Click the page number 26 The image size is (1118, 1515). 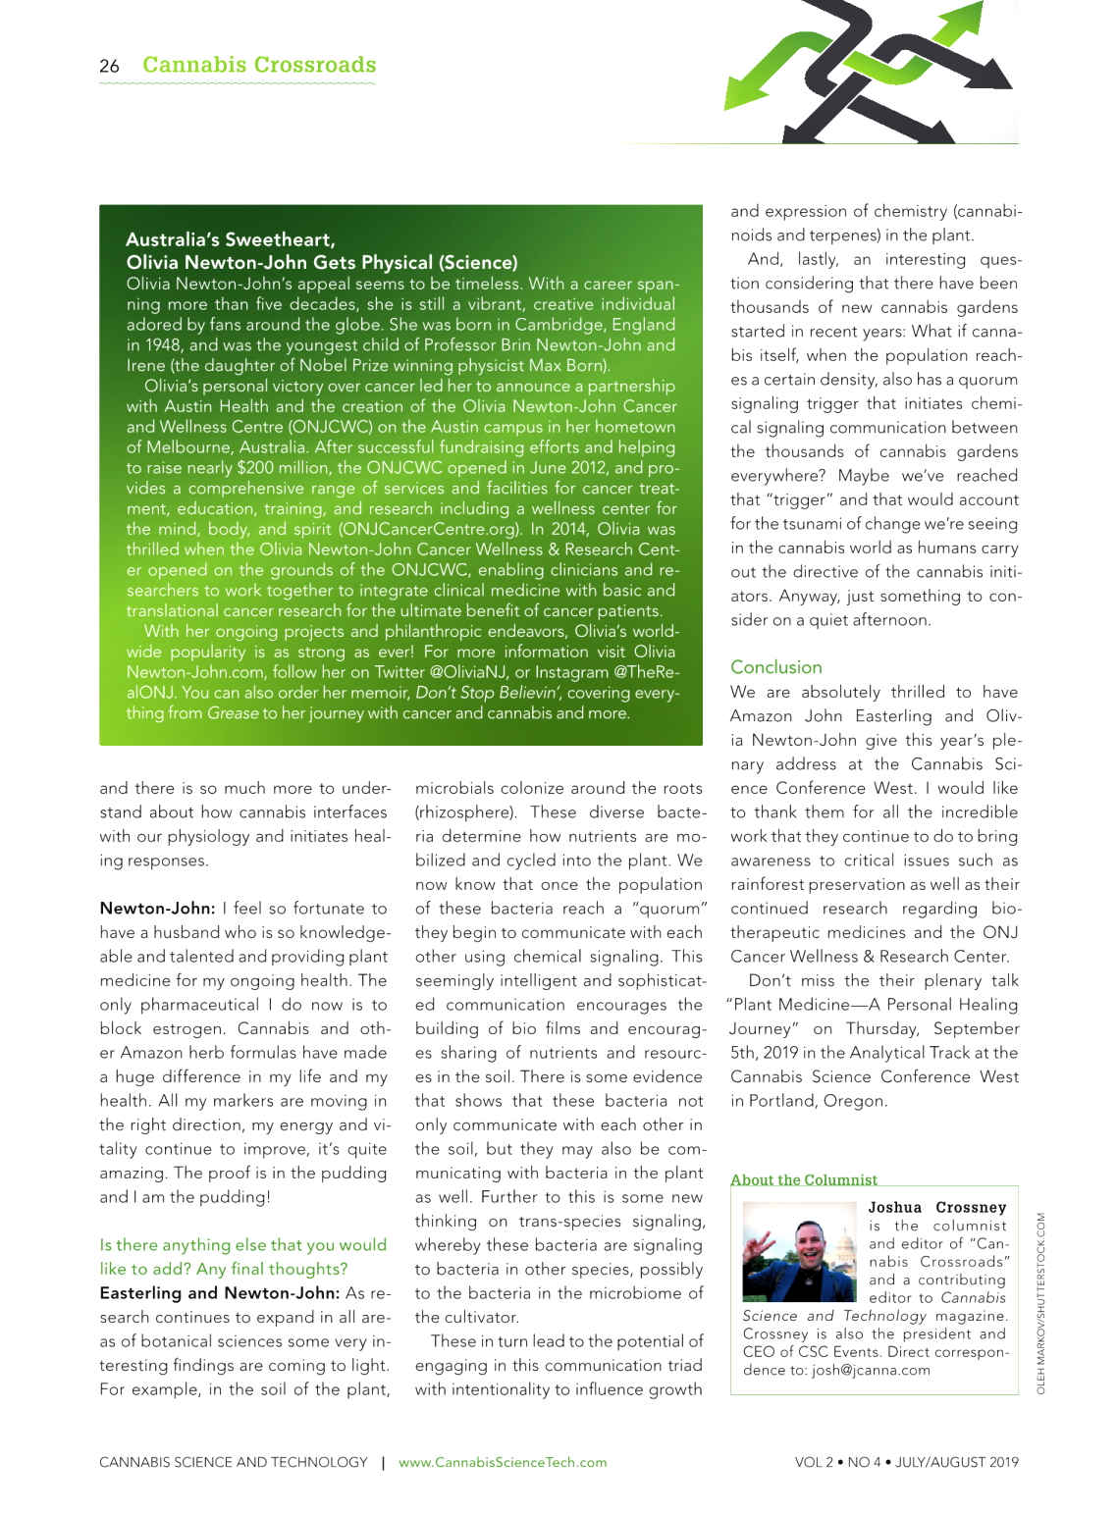pyautogui.click(x=109, y=67)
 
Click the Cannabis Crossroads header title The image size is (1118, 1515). pyautogui.click(x=259, y=65)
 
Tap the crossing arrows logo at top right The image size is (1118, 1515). pyautogui.click(x=869, y=71)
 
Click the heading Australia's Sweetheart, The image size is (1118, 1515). pyautogui.click(x=231, y=239)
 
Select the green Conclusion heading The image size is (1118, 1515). pyautogui.click(x=775, y=667)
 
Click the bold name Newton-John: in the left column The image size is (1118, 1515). pyautogui.click(x=157, y=909)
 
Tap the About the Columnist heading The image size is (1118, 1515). pyautogui.click(x=803, y=1179)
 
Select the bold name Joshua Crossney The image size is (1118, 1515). pyautogui.click(x=937, y=1208)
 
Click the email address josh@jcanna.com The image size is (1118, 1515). pyautogui.click(x=871, y=1370)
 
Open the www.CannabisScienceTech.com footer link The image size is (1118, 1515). pyautogui.click(x=503, y=1462)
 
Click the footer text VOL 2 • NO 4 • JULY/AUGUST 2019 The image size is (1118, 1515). pyautogui.click(x=906, y=1462)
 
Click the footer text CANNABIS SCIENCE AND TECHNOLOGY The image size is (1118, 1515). pyautogui.click(x=234, y=1462)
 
